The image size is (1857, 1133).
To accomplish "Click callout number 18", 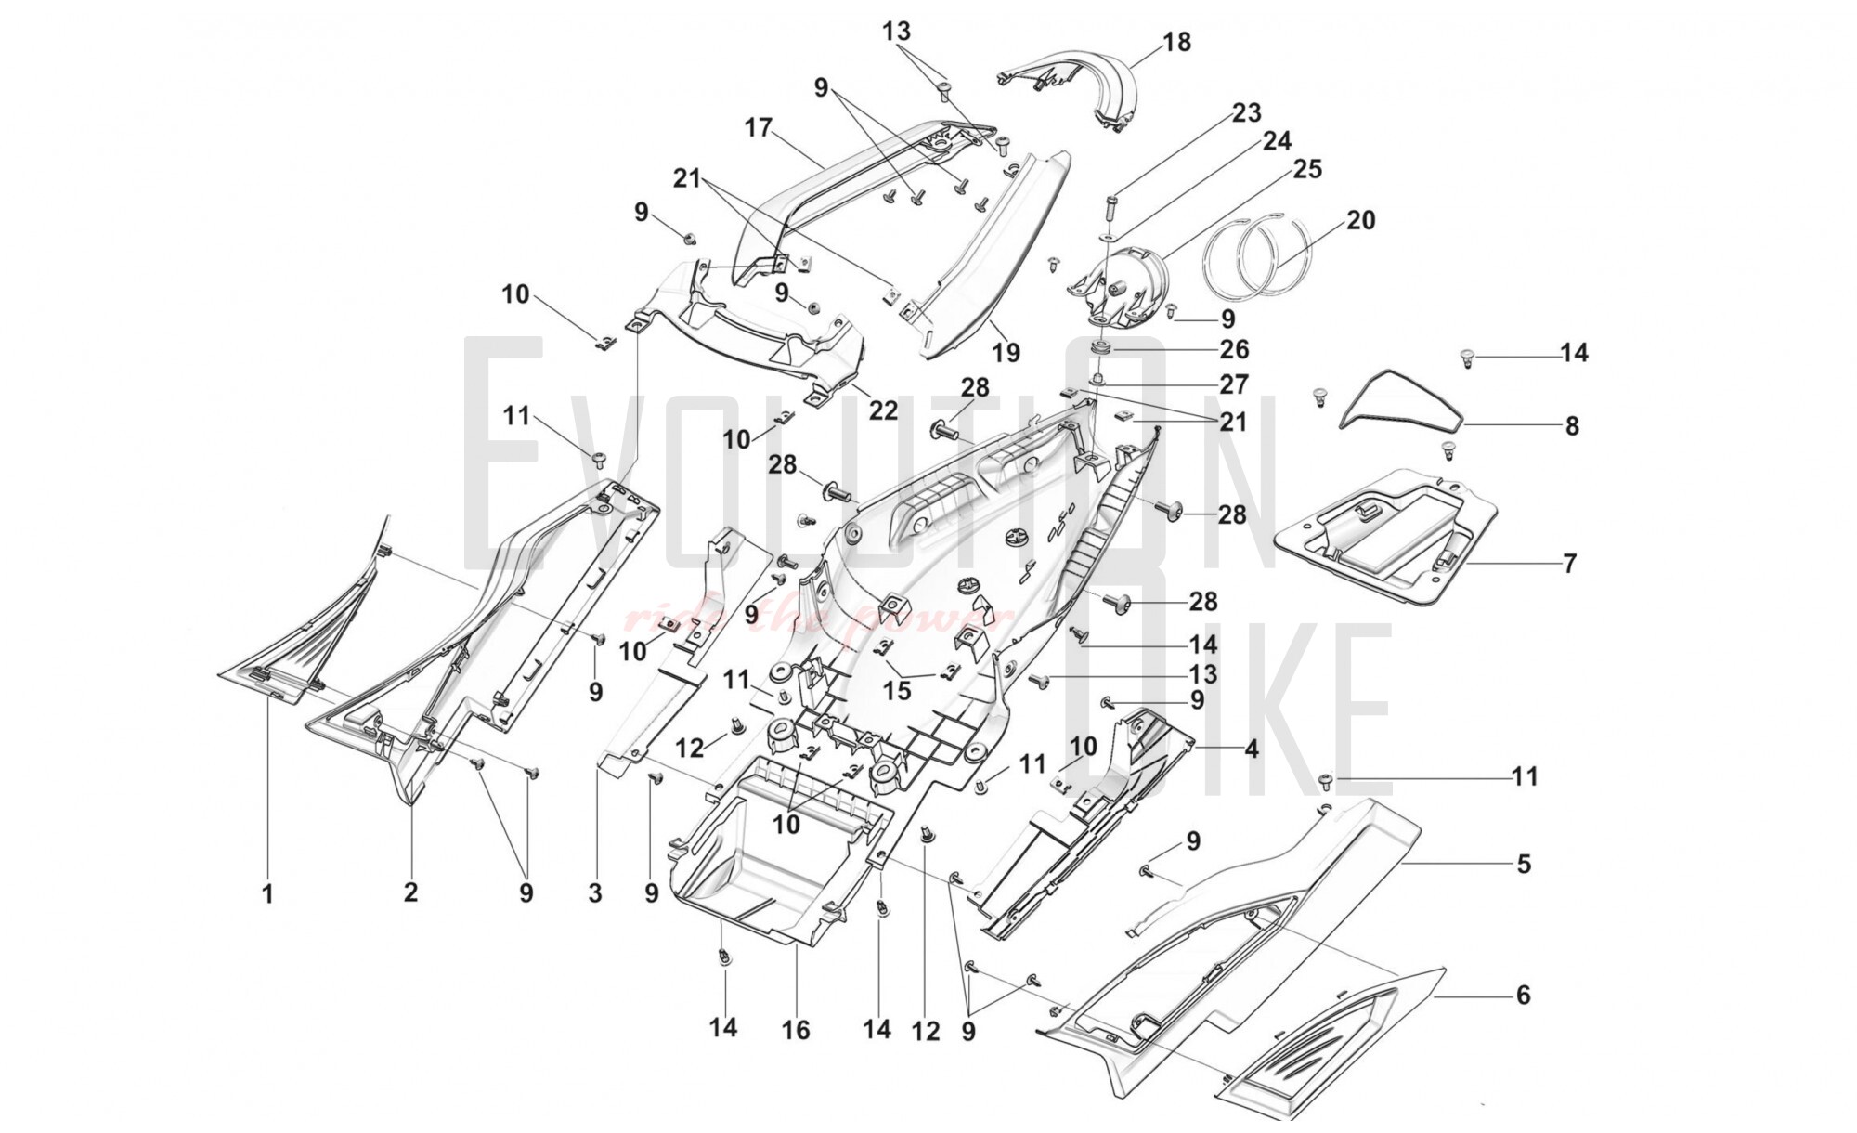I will click(1175, 43).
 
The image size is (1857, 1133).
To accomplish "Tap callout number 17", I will click(759, 127).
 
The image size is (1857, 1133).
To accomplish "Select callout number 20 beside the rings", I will click(1360, 221).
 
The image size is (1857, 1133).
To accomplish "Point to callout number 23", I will click(1246, 113).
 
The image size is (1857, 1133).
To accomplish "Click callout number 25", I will click(1306, 170).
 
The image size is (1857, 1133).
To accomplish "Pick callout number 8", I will click(1571, 426).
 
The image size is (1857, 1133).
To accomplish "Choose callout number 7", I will click(1569, 564).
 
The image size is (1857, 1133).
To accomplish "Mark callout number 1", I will click(267, 894).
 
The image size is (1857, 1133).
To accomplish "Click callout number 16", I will click(796, 1030).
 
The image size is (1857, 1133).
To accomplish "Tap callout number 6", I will click(1523, 996).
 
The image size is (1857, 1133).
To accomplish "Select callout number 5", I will click(1523, 865).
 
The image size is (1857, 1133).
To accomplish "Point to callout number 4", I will click(1251, 749).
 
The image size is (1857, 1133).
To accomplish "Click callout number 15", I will click(897, 691).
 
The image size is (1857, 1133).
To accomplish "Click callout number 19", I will click(1006, 353).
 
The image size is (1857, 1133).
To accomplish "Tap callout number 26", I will click(1234, 350).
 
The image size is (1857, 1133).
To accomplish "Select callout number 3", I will click(595, 893).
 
